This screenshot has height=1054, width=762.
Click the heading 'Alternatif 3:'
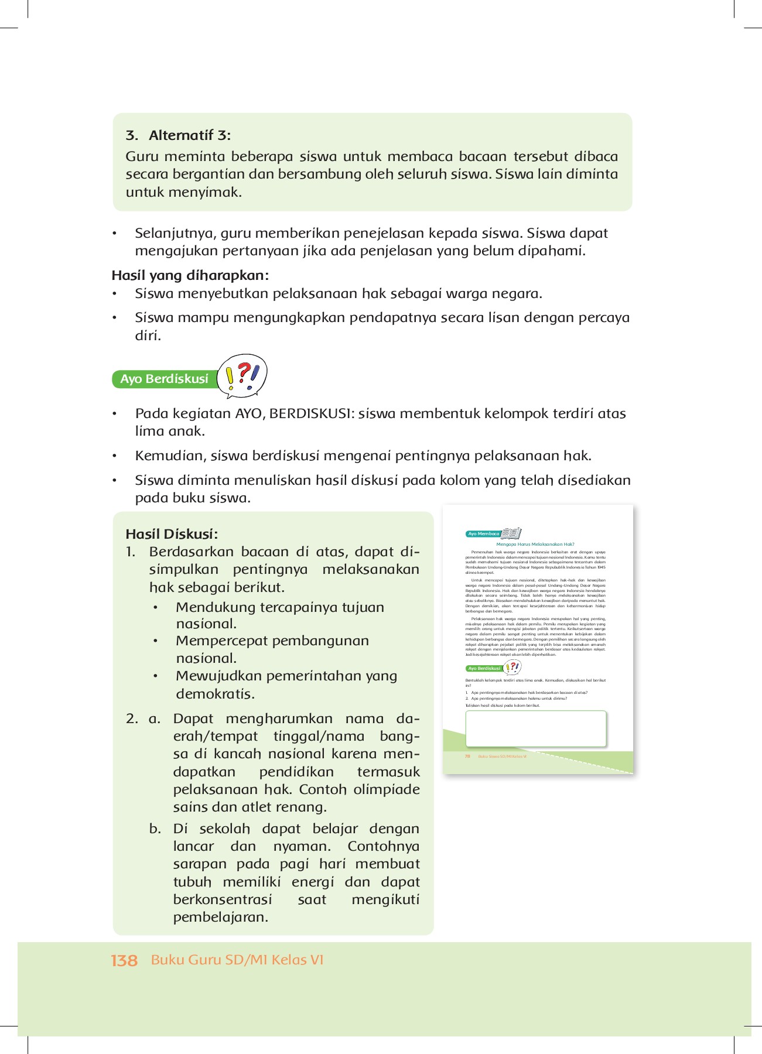189,135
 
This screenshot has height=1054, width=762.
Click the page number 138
124,960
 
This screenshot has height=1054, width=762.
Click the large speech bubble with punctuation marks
242,375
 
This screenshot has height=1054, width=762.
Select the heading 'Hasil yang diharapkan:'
190,275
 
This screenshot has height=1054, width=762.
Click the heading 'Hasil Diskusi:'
171,534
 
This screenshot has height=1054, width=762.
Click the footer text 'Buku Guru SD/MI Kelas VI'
237,960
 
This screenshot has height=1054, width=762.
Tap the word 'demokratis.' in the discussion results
215,694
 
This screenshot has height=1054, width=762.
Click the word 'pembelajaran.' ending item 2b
220,917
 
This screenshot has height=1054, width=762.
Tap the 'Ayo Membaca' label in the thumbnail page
483,534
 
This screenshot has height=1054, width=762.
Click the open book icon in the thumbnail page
511,533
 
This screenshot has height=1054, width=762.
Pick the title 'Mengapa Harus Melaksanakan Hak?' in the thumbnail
535,544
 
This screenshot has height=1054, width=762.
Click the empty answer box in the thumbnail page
535,728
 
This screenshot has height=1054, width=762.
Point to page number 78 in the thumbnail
467,757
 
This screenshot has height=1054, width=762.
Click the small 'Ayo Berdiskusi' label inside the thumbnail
484,668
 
